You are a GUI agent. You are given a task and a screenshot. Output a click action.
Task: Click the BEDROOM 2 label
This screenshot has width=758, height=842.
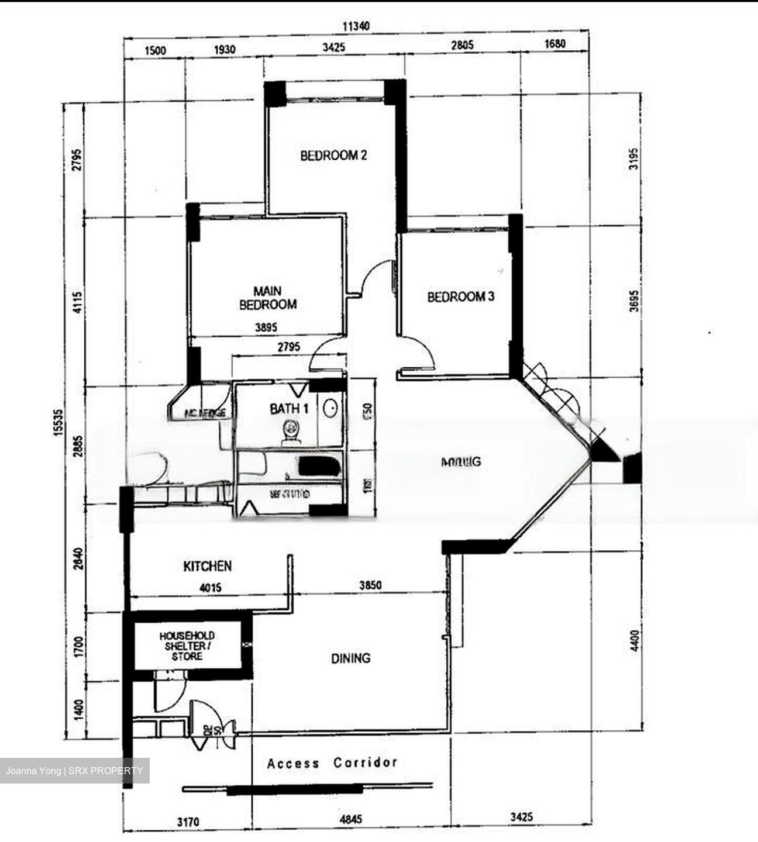(333, 156)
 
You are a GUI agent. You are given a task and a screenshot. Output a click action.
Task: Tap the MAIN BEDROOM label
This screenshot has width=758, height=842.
(267, 298)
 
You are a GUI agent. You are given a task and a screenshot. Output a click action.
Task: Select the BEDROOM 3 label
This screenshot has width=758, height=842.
(460, 297)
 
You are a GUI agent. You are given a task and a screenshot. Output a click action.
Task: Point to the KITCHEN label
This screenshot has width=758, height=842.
(207, 566)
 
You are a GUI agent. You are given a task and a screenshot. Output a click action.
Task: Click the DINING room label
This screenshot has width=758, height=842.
(350, 658)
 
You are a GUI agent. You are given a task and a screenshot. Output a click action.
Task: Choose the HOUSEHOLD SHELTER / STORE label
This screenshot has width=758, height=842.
(187, 646)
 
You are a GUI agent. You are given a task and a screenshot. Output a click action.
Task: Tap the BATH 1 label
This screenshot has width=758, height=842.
(289, 409)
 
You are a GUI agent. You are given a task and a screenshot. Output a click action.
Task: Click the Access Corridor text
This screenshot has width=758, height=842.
(332, 763)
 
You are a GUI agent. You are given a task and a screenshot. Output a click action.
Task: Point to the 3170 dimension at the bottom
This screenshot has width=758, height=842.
(188, 822)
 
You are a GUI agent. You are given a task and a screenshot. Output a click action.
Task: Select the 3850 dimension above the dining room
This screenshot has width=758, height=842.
(370, 585)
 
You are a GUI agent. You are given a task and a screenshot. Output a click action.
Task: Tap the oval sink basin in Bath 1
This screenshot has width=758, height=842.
(330, 408)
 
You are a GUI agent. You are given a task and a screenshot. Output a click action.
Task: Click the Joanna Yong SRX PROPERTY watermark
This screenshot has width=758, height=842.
(74, 771)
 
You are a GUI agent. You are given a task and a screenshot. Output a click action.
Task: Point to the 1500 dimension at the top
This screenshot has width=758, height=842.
(155, 50)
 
